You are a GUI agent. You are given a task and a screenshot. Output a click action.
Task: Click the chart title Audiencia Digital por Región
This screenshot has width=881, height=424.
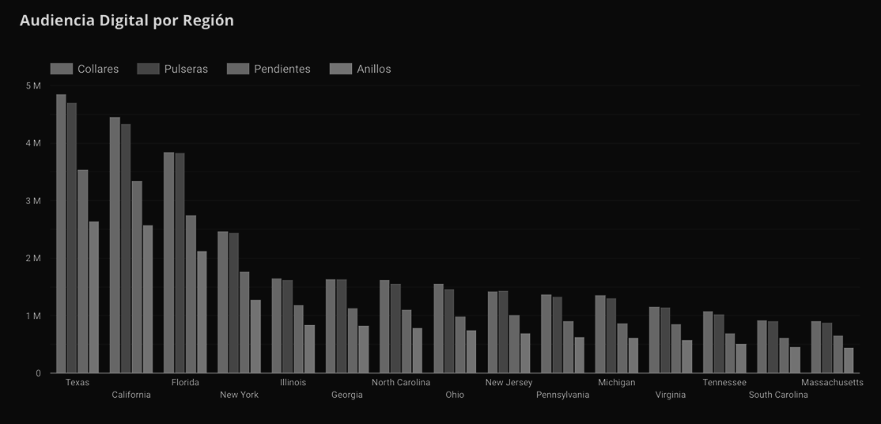pos(127,21)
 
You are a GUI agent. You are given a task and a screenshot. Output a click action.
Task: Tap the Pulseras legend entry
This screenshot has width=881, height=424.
pos(172,69)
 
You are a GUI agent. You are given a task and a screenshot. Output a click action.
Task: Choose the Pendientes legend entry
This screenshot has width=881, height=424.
pos(269,69)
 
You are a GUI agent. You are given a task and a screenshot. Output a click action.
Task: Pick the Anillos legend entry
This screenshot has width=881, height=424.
pos(361,69)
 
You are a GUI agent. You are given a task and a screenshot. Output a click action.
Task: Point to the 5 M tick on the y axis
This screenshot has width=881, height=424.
pos(33,85)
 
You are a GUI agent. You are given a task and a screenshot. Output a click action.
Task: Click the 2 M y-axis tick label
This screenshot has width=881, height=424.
pos(33,259)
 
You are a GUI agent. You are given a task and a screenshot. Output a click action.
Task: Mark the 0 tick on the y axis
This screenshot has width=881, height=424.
pos(38,373)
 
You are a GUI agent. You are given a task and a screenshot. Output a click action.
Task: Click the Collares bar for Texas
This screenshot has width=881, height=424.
pos(61,233)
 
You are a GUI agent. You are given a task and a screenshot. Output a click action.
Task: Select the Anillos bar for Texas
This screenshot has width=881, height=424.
pos(94,297)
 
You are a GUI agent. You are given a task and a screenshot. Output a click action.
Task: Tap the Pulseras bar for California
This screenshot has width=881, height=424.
pos(126,248)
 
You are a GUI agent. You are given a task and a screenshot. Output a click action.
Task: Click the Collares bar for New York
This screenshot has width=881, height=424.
pos(223,302)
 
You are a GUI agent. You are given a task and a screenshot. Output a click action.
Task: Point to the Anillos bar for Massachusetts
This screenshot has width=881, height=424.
pos(849,361)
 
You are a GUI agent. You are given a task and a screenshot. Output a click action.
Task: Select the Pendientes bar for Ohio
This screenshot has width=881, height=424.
pos(460,345)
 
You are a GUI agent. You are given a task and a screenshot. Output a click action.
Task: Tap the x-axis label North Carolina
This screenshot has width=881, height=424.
pos(401,383)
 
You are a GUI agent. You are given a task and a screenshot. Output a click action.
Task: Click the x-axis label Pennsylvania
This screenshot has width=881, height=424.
pos(562,395)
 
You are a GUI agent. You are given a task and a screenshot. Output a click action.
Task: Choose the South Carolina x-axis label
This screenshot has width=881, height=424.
pos(778,395)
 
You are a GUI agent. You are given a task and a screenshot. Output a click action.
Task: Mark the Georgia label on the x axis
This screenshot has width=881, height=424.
pos(347,395)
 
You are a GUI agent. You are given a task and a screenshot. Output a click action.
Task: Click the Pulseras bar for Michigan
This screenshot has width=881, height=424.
pos(611,335)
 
